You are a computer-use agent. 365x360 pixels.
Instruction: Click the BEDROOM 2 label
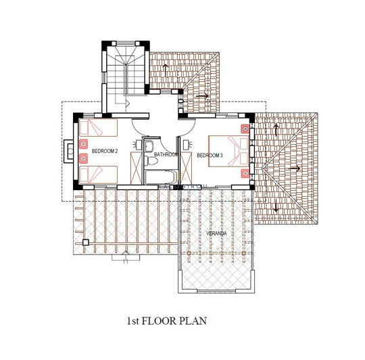click(x=105, y=150)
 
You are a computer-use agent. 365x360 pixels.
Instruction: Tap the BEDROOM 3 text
click(x=210, y=156)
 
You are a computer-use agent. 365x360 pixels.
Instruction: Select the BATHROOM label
click(x=166, y=155)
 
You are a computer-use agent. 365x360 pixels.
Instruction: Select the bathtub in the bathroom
click(x=161, y=178)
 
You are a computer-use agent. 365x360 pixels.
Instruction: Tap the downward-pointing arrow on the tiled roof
click(x=276, y=206)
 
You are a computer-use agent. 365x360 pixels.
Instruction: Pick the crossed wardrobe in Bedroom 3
click(x=187, y=162)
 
